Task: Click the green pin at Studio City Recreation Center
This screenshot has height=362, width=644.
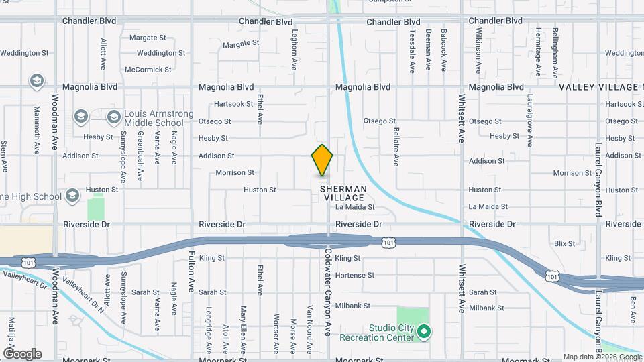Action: (423, 331)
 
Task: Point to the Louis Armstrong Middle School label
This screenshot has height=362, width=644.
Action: (154, 118)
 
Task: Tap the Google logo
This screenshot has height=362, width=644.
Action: (22, 353)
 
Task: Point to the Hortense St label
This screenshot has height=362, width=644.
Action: (354, 275)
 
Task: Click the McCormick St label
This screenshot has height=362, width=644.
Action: (148, 69)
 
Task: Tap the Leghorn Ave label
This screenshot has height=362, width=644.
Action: (294, 49)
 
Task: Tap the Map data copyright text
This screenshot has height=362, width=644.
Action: (602, 357)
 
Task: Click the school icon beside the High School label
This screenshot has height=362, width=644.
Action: (72, 196)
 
